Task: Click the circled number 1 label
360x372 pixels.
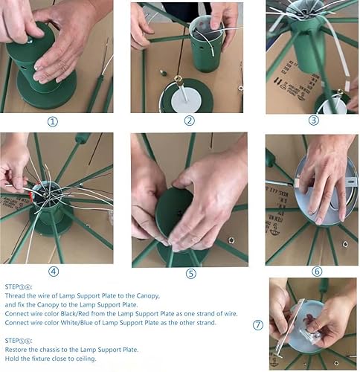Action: click(51, 122)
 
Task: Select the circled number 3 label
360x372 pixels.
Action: click(312, 121)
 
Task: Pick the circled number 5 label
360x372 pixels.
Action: click(190, 273)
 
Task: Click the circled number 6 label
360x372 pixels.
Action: click(317, 272)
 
